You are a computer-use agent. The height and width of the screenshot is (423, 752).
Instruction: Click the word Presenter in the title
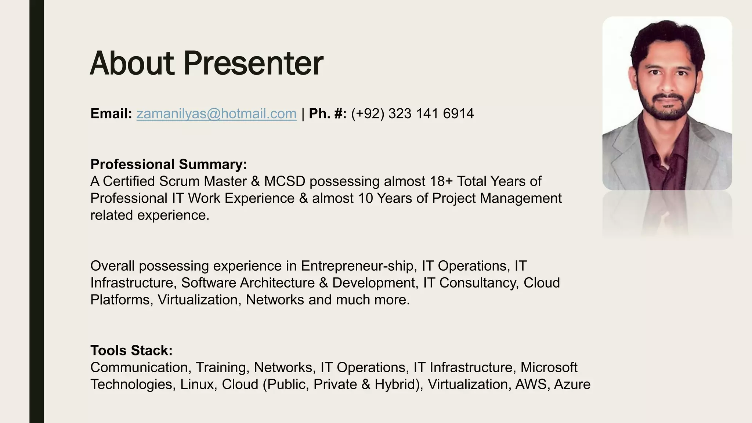(x=253, y=64)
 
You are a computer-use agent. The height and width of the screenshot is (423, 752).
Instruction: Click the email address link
(x=216, y=114)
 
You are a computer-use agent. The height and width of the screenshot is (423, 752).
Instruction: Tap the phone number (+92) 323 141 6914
(x=412, y=114)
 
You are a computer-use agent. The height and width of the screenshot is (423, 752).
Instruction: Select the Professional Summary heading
(x=169, y=164)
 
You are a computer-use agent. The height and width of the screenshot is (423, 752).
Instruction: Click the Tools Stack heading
(x=131, y=350)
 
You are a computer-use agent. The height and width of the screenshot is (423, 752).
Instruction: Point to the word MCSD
(x=285, y=181)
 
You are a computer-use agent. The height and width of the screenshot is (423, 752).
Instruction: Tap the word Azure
(x=572, y=384)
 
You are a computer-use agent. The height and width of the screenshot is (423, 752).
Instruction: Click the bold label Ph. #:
(x=328, y=114)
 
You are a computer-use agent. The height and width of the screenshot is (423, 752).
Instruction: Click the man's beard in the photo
(x=666, y=110)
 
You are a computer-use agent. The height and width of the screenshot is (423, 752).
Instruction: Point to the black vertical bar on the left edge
(x=36, y=211)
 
